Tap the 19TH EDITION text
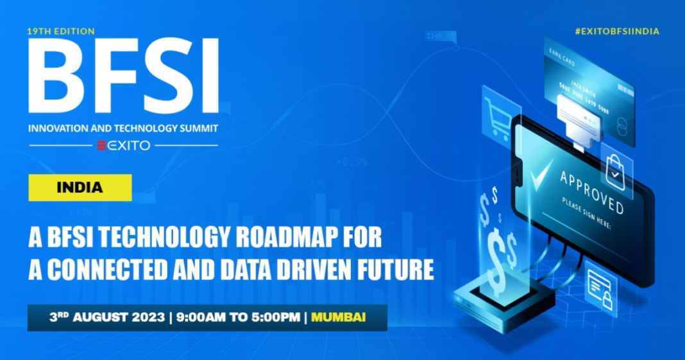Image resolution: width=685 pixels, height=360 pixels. pos(61,31)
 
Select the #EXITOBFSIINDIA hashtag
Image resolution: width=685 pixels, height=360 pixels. pos(616,31)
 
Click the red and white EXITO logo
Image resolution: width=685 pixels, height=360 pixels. pos(123,146)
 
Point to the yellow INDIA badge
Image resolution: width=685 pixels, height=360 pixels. pos(80,187)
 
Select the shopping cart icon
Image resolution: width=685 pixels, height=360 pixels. pos(498,116)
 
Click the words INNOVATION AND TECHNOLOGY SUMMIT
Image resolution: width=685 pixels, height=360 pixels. pos(123,128)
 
